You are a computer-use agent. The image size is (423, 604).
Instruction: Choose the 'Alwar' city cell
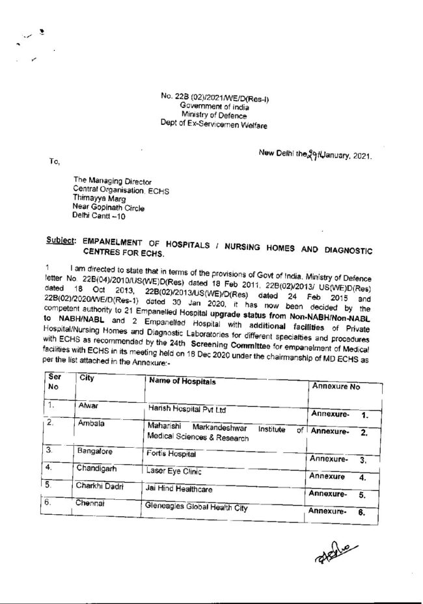[88, 405]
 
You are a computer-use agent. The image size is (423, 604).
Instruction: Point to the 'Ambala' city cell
[90, 423]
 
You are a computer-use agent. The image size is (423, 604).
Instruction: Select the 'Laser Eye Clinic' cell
[174, 470]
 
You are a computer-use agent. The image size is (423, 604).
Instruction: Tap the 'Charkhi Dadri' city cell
[100, 486]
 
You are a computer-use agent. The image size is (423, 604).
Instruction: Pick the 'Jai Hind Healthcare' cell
[180, 487]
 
